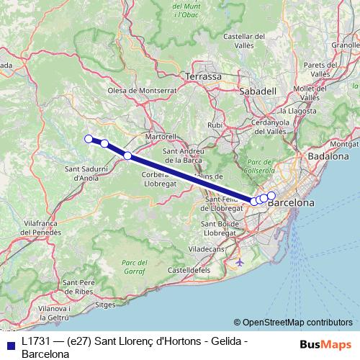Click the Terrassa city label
(204, 76)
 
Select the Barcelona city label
(291, 204)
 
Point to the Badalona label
(328, 156)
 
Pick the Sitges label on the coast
(105, 305)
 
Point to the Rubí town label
(215, 125)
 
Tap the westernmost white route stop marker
(89, 139)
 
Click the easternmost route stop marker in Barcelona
(271, 195)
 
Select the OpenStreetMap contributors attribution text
(297, 323)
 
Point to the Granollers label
(345, 45)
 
